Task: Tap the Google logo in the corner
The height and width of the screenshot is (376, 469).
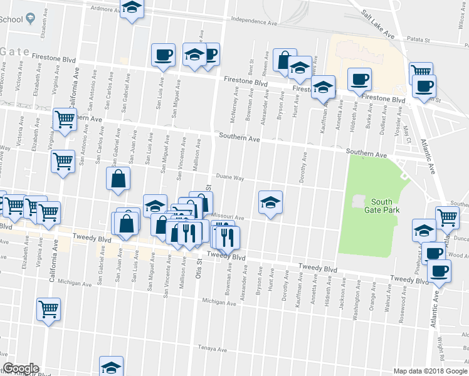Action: pyautogui.click(x=21, y=368)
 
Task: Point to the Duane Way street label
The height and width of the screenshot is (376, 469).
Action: pyautogui.click(x=231, y=178)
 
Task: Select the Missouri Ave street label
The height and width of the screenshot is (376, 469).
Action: pyautogui.click(x=231, y=217)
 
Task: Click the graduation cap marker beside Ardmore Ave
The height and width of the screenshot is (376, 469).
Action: pyautogui.click(x=132, y=8)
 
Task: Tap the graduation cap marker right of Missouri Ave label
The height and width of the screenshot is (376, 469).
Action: pyautogui.click(x=270, y=202)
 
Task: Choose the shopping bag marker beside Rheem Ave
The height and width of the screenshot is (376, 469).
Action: pyautogui.click(x=284, y=60)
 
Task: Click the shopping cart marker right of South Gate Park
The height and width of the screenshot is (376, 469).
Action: pyautogui.click(x=447, y=217)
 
